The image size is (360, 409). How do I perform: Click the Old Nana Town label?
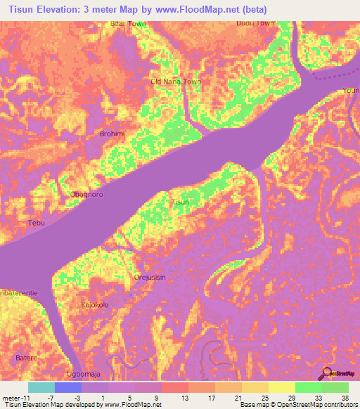point(176,82)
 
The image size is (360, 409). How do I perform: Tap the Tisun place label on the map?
point(181,202)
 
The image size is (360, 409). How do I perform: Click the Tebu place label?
point(35,223)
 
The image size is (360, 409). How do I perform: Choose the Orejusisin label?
point(150,278)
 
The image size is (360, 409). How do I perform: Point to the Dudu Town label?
point(255,23)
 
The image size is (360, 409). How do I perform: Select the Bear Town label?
point(127,23)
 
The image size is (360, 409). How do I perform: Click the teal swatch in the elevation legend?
point(41,387)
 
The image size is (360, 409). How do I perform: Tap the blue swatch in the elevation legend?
point(67,387)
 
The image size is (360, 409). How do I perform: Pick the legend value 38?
point(344,398)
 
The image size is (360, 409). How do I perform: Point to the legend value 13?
point(184,398)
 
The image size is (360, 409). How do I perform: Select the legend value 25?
point(264,398)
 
